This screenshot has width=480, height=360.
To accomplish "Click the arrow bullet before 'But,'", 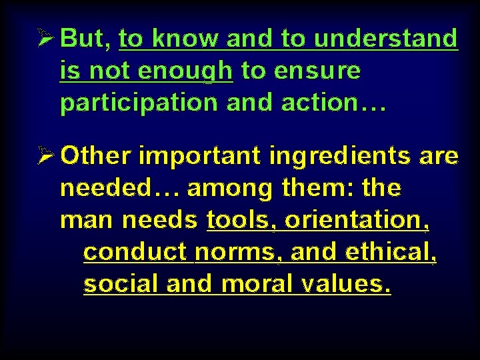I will point(46,39).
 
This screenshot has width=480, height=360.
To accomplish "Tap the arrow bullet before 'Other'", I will point(46,156).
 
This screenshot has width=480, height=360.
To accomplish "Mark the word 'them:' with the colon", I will point(318,188).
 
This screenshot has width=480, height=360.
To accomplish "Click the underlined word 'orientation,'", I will point(356,220).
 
